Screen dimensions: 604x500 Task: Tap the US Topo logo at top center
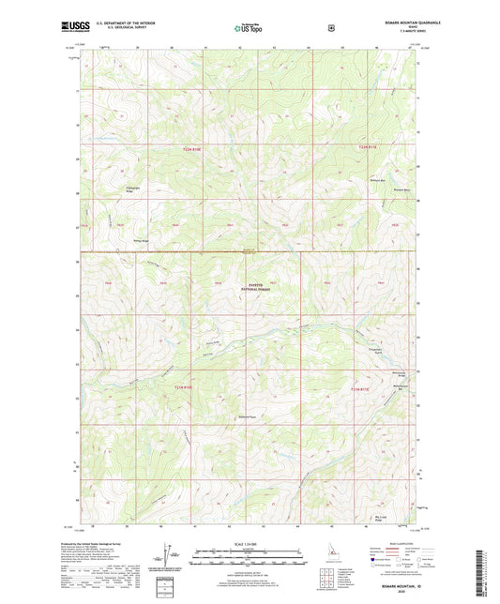pyautogui.click(x=249, y=27)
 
